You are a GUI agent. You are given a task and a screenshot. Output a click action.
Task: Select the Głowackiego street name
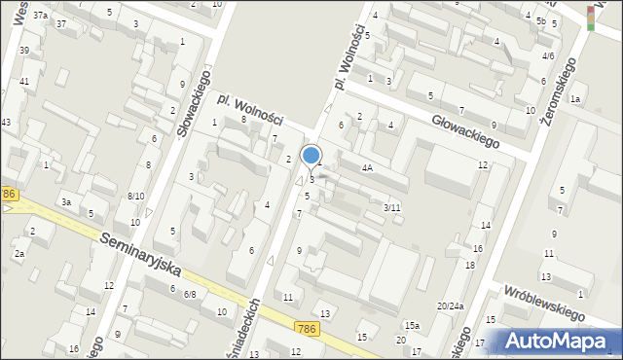(x=465, y=128)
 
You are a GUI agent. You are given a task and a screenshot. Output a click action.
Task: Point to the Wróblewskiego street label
(x=543, y=302)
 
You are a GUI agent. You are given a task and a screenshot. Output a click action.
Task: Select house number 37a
(x=40, y=16)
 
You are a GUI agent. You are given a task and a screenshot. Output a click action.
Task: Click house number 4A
(x=367, y=167)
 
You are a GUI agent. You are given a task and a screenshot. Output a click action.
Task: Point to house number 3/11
(x=391, y=207)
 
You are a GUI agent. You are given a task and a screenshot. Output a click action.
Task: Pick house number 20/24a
(x=450, y=306)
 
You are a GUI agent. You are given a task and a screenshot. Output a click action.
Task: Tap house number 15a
(x=413, y=325)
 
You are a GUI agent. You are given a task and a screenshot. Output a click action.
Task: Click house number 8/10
(x=136, y=196)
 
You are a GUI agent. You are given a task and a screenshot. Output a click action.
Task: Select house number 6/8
(x=190, y=294)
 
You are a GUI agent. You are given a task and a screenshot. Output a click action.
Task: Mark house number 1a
(x=575, y=99)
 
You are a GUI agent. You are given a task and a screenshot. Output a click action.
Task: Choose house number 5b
(x=540, y=20)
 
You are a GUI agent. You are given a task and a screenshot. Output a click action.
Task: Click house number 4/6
(x=548, y=56)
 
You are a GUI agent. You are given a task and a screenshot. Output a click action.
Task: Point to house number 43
(x=6, y=122)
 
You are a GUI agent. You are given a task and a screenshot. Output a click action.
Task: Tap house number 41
(x=23, y=81)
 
